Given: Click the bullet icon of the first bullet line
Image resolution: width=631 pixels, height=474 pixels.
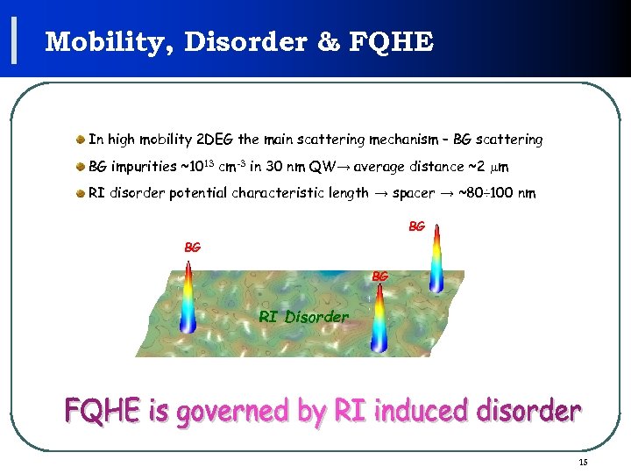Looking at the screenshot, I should click(x=80, y=140).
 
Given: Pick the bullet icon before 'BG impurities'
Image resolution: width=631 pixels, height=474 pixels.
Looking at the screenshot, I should click(x=80, y=167).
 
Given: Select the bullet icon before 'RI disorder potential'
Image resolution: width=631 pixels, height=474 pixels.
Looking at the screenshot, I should click(x=80, y=193).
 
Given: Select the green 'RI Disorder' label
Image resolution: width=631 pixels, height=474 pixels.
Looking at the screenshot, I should click(x=303, y=317).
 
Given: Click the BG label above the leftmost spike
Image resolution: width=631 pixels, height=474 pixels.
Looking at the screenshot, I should click(x=192, y=248).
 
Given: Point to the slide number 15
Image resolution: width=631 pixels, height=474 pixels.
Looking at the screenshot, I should click(x=583, y=463).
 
